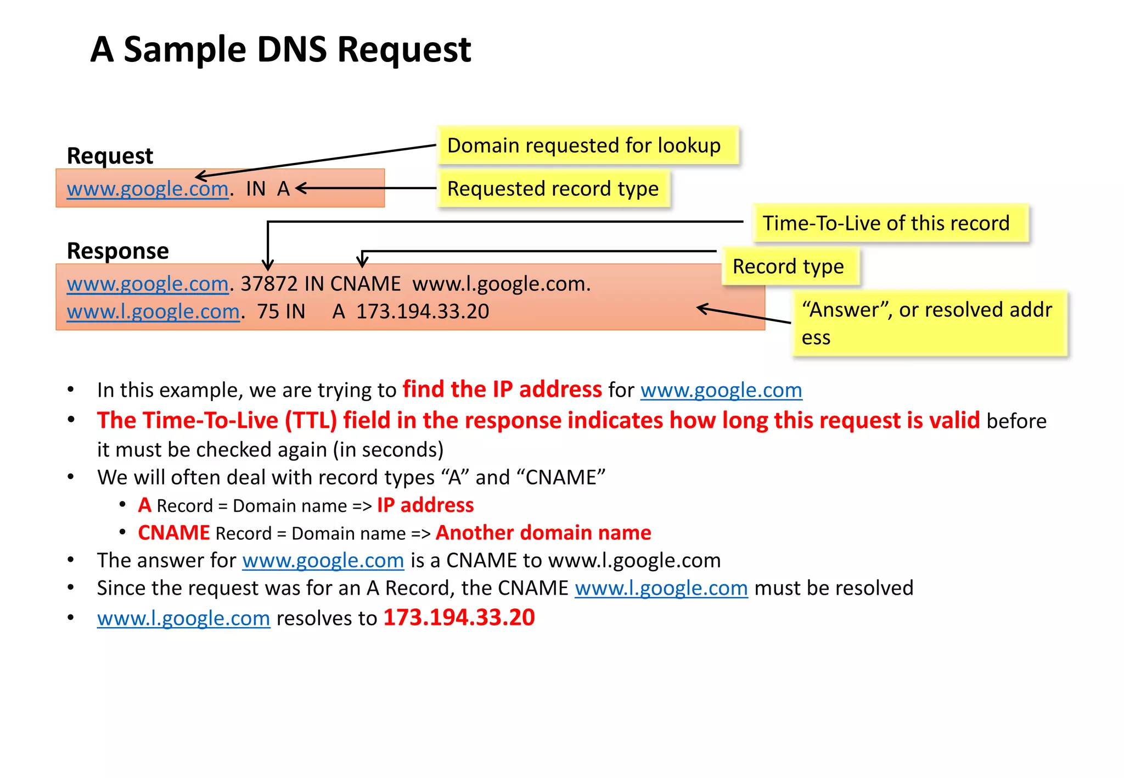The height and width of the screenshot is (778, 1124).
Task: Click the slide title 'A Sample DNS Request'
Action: pos(280,49)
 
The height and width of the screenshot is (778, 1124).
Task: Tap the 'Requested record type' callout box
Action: pos(553,189)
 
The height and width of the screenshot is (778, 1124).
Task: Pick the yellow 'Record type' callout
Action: pos(789,267)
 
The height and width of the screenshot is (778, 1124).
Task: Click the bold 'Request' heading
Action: pos(110,156)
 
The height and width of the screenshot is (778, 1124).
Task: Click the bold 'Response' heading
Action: pos(117,251)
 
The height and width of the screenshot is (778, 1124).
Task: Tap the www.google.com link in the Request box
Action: pos(147,189)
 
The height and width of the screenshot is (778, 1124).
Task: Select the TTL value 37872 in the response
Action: pos(269,284)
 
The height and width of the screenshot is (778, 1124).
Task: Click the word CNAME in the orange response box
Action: pos(365,284)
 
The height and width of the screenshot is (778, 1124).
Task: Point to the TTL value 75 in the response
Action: pos(268,312)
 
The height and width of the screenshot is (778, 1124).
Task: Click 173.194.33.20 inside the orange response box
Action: pos(423,312)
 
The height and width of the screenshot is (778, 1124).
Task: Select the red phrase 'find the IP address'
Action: pos(502,390)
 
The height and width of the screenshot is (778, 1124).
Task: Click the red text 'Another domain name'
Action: pos(543,533)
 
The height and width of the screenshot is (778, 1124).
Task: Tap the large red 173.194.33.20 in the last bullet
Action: pos(459,618)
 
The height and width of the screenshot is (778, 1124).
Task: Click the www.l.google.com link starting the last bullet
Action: pos(183,618)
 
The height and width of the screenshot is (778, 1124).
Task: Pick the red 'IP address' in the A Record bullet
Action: pos(425,505)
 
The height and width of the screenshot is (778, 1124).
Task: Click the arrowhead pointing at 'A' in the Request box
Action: pos(300,188)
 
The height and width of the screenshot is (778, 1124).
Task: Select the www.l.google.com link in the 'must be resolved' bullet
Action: pos(661,588)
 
